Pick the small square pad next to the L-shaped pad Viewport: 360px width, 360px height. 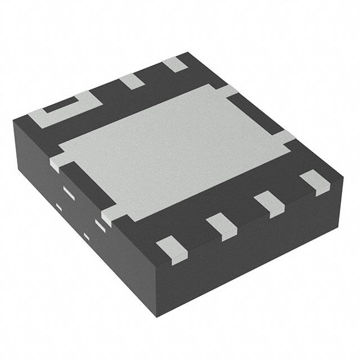point(134,80)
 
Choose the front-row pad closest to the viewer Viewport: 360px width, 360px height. point(170,250)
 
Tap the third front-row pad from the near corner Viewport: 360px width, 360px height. point(269,204)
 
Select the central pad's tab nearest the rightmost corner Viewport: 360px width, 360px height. point(285,137)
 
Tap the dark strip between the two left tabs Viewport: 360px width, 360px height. point(84,186)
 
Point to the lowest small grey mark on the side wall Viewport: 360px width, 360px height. point(86,235)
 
